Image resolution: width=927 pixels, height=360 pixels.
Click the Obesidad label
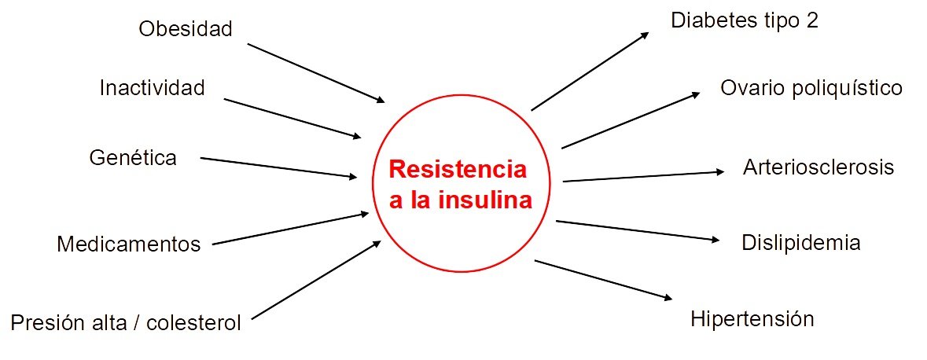[x=186, y=29]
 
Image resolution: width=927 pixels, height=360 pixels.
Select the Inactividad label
[x=152, y=87]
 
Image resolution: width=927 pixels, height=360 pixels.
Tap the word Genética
[x=133, y=157]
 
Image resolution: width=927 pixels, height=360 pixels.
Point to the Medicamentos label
[x=129, y=244]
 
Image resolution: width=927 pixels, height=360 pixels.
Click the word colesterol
[x=195, y=322]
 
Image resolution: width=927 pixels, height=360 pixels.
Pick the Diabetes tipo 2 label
[x=745, y=20]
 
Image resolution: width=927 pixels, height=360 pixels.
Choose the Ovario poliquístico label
[x=811, y=87]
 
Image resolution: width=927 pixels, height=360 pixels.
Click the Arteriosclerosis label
[x=818, y=167]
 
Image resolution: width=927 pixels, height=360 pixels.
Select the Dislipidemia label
[x=800, y=243]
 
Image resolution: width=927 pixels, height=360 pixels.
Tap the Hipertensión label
[x=752, y=319]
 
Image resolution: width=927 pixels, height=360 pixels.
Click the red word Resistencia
[x=458, y=170]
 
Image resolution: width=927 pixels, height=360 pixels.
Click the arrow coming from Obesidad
[x=315, y=72]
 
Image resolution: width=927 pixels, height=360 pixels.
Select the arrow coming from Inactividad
[x=292, y=118]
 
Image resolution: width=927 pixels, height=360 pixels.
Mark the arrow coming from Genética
[x=278, y=167]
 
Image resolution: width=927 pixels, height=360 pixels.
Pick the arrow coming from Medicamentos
[x=290, y=229]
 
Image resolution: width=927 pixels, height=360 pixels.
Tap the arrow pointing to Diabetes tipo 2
[x=590, y=72]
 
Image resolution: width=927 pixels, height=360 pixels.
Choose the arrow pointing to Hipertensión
[x=603, y=280]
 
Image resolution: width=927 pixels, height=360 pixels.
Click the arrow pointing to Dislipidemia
[x=638, y=231]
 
